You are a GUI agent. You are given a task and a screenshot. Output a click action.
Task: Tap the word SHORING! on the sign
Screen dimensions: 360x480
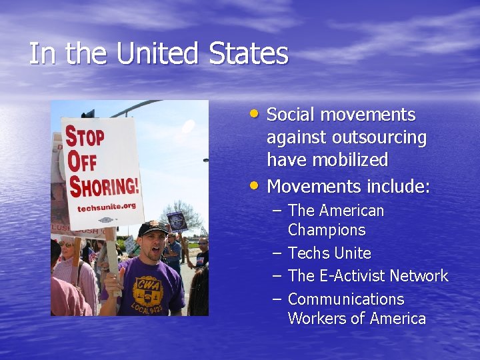point(105,186)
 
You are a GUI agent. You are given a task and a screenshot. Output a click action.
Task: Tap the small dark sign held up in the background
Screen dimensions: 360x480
point(177,221)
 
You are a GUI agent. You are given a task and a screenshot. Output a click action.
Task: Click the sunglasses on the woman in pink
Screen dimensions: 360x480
point(67,245)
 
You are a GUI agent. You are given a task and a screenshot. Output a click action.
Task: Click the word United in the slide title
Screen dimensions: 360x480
point(158,54)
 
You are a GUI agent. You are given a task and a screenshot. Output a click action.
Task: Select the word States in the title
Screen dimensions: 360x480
point(249,54)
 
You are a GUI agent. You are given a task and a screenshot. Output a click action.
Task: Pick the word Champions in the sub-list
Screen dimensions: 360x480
point(327,230)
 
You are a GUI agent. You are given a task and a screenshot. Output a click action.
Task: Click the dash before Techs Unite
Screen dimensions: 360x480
point(277,253)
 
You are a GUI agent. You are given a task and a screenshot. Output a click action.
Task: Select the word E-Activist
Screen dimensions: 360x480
point(353,275)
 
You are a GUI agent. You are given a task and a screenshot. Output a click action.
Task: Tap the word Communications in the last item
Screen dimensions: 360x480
point(346,299)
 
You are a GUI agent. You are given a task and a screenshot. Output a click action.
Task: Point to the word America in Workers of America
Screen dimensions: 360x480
point(393,319)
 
